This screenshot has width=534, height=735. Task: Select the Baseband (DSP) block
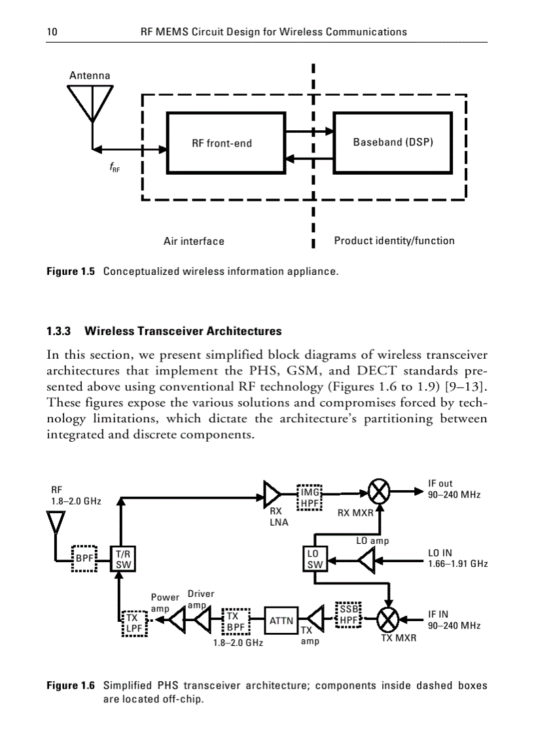(393, 142)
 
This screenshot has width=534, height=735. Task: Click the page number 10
(52, 31)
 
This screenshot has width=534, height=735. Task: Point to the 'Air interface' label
(194, 241)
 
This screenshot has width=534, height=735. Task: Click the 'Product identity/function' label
(394, 240)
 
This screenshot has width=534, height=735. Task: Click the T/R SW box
(122, 559)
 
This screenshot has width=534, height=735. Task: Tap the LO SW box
(315, 559)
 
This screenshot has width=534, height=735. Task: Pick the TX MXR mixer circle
(390, 618)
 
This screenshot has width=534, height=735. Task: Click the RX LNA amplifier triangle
(272, 492)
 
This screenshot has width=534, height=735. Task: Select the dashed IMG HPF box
(310, 497)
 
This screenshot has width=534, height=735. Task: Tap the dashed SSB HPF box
(347, 614)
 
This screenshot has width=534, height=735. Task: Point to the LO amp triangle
(367, 560)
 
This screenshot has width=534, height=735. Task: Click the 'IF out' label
(440, 484)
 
